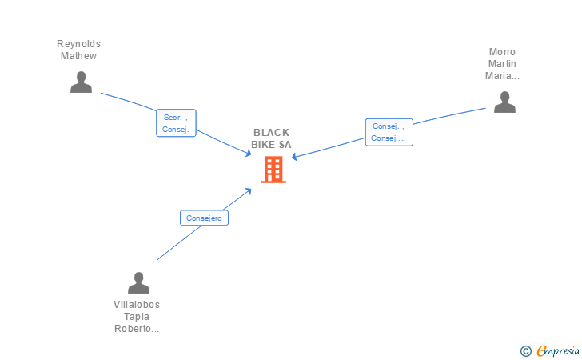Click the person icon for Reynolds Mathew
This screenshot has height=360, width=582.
pyautogui.click(x=81, y=82)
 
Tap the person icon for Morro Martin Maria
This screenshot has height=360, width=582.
pyautogui.click(x=504, y=102)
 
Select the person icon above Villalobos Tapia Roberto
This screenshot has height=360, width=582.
pyautogui.click(x=138, y=282)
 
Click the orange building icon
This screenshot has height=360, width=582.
pyautogui.click(x=273, y=170)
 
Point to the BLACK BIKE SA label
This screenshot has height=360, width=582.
pyautogui.click(x=271, y=138)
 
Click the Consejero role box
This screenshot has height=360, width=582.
pyautogui.click(x=204, y=218)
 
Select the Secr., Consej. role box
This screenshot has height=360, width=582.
pyautogui.click(x=176, y=123)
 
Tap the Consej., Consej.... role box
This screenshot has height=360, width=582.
pyautogui.click(x=389, y=132)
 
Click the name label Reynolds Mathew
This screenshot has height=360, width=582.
pyautogui.click(x=78, y=50)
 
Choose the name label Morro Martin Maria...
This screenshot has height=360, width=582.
pyautogui.click(x=502, y=64)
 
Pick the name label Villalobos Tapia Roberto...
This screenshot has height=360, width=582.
pyautogui.click(x=137, y=317)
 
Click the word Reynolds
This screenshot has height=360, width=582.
pyautogui.click(x=78, y=44)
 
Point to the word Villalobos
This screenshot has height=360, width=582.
pyautogui.click(x=137, y=305)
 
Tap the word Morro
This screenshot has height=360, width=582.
pyautogui.click(x=502, y=52)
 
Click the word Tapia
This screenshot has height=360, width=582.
pyautogui.click(x=137, y=317)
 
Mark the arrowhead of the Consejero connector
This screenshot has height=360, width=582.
pyautogui.click(x=248, y=191)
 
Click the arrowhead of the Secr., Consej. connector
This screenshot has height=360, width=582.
pyautogui.click(x=248, y=153)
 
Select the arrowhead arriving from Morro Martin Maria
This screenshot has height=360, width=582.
pyautogui.click(x=295, y=157)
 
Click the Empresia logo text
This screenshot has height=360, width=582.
pyautogui.click(x=558, y=350)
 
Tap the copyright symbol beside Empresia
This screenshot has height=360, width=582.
pyautogui.click(x=525, y=351)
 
